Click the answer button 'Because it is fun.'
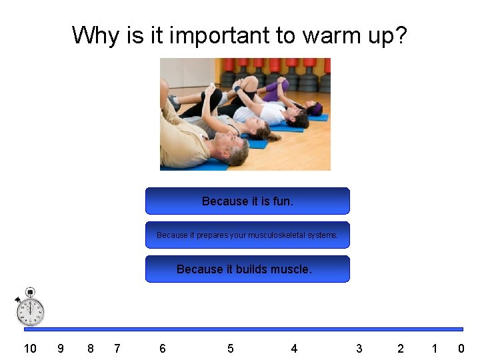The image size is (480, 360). pos(247,201)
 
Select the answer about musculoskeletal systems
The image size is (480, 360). pos(247,235)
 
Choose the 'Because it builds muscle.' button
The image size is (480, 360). pos(247,269)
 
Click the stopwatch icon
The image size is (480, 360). pos(31,308)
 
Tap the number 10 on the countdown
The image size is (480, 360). pos(30,348)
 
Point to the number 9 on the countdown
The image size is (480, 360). pos(61,348)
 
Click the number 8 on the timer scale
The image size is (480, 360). pos(91,348)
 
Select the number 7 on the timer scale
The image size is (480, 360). pos(117,348)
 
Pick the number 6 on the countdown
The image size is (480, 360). pos(163,348)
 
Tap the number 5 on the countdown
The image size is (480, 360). pos(231,348)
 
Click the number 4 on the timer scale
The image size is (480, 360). pos(294,348)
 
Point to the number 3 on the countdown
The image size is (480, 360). pos(359,348)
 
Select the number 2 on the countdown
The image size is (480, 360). pos(401,348)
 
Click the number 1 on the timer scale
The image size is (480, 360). pos(435,348)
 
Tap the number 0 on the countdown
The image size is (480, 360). pos(461,348)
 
